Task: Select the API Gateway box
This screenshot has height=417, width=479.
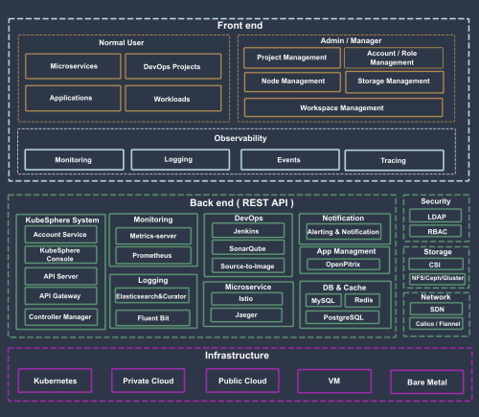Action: click(59, 296)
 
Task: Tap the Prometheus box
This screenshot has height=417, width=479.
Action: click(152, 256)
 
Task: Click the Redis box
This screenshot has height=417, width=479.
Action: click(363, 301)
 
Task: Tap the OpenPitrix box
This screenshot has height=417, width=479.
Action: click(343, 264)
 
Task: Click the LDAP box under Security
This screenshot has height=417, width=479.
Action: click(436, 218)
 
